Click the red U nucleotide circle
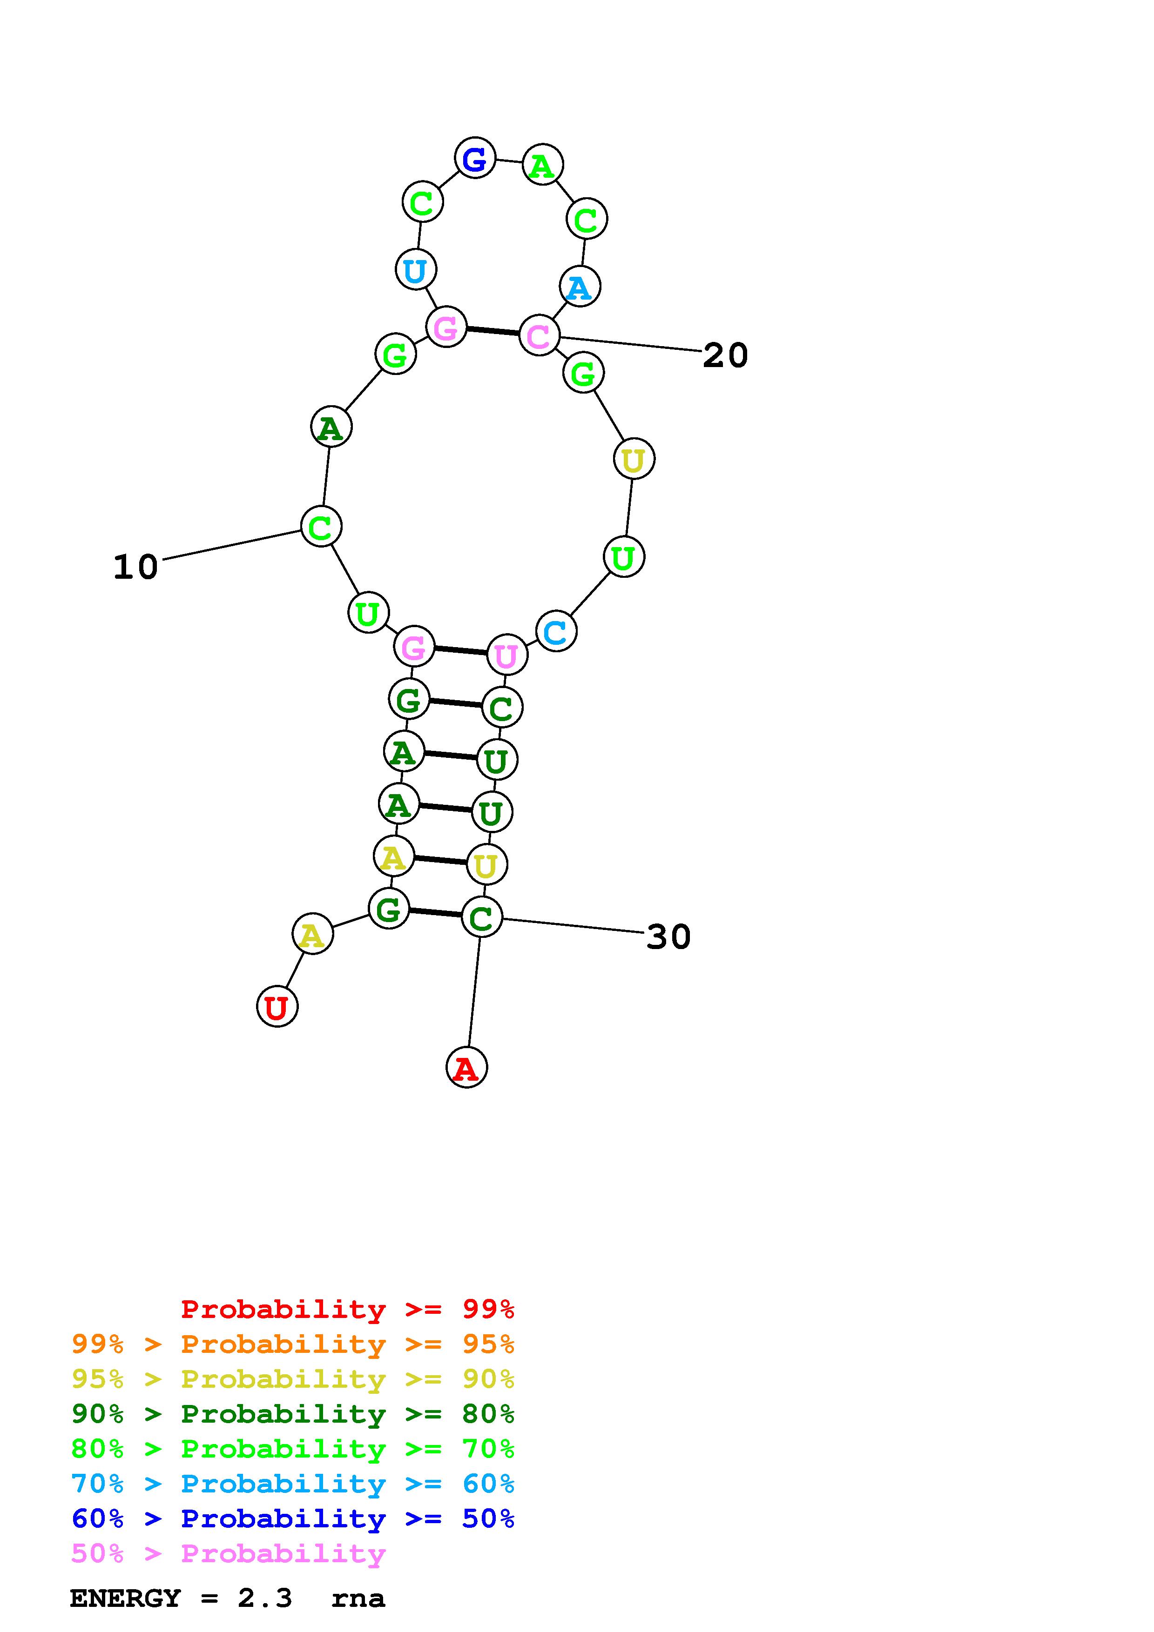(277, 1006)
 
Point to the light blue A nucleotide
(580, 287)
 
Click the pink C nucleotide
(539, 335)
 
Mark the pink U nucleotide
(506, 655)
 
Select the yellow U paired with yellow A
(486, 865)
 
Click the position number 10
(136, 567)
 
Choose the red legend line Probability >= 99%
(348, 1309)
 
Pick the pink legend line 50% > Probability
(228, 1553)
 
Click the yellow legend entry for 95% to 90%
(292, 1378)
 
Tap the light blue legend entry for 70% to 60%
(292, 1484)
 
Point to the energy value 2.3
(264, 1599)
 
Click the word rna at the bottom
(358, 1599)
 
